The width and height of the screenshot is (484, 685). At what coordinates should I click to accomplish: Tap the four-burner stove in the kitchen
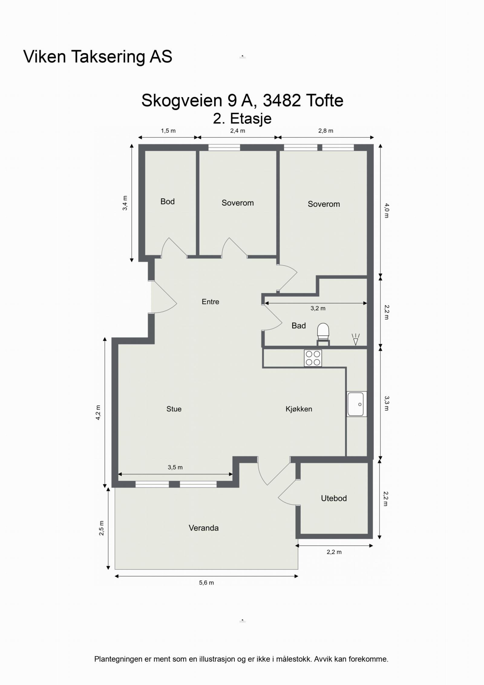coord(313,358)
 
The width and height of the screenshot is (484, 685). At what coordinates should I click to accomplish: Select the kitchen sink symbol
coord(357,404)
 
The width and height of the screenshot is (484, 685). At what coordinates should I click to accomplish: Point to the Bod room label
coord(168,202)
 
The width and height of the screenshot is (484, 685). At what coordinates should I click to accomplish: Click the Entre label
coord(211,301)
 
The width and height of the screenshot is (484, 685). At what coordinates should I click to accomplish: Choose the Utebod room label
coord(334,498)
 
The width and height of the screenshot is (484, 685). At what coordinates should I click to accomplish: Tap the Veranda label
coord(204,528)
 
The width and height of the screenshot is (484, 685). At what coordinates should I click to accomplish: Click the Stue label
coord(174,409)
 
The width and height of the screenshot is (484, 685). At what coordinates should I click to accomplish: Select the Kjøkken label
coord(299,409)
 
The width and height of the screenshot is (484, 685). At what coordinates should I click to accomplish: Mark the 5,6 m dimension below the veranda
coord(206,583)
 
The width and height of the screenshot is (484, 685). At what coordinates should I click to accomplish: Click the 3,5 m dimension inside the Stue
coord(175,467)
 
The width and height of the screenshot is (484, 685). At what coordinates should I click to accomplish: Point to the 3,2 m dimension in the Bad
coord(318,308)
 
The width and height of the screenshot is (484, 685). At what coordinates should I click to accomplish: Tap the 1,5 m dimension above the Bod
coord(168,131)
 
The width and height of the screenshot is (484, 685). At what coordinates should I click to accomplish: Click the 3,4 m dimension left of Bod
coord(125,203)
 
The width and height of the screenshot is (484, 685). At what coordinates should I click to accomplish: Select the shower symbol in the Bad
coord(356,339)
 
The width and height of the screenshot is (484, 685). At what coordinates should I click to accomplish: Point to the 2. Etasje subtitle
coord(242,118)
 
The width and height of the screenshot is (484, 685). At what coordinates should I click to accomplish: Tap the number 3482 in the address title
coord(282,100)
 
